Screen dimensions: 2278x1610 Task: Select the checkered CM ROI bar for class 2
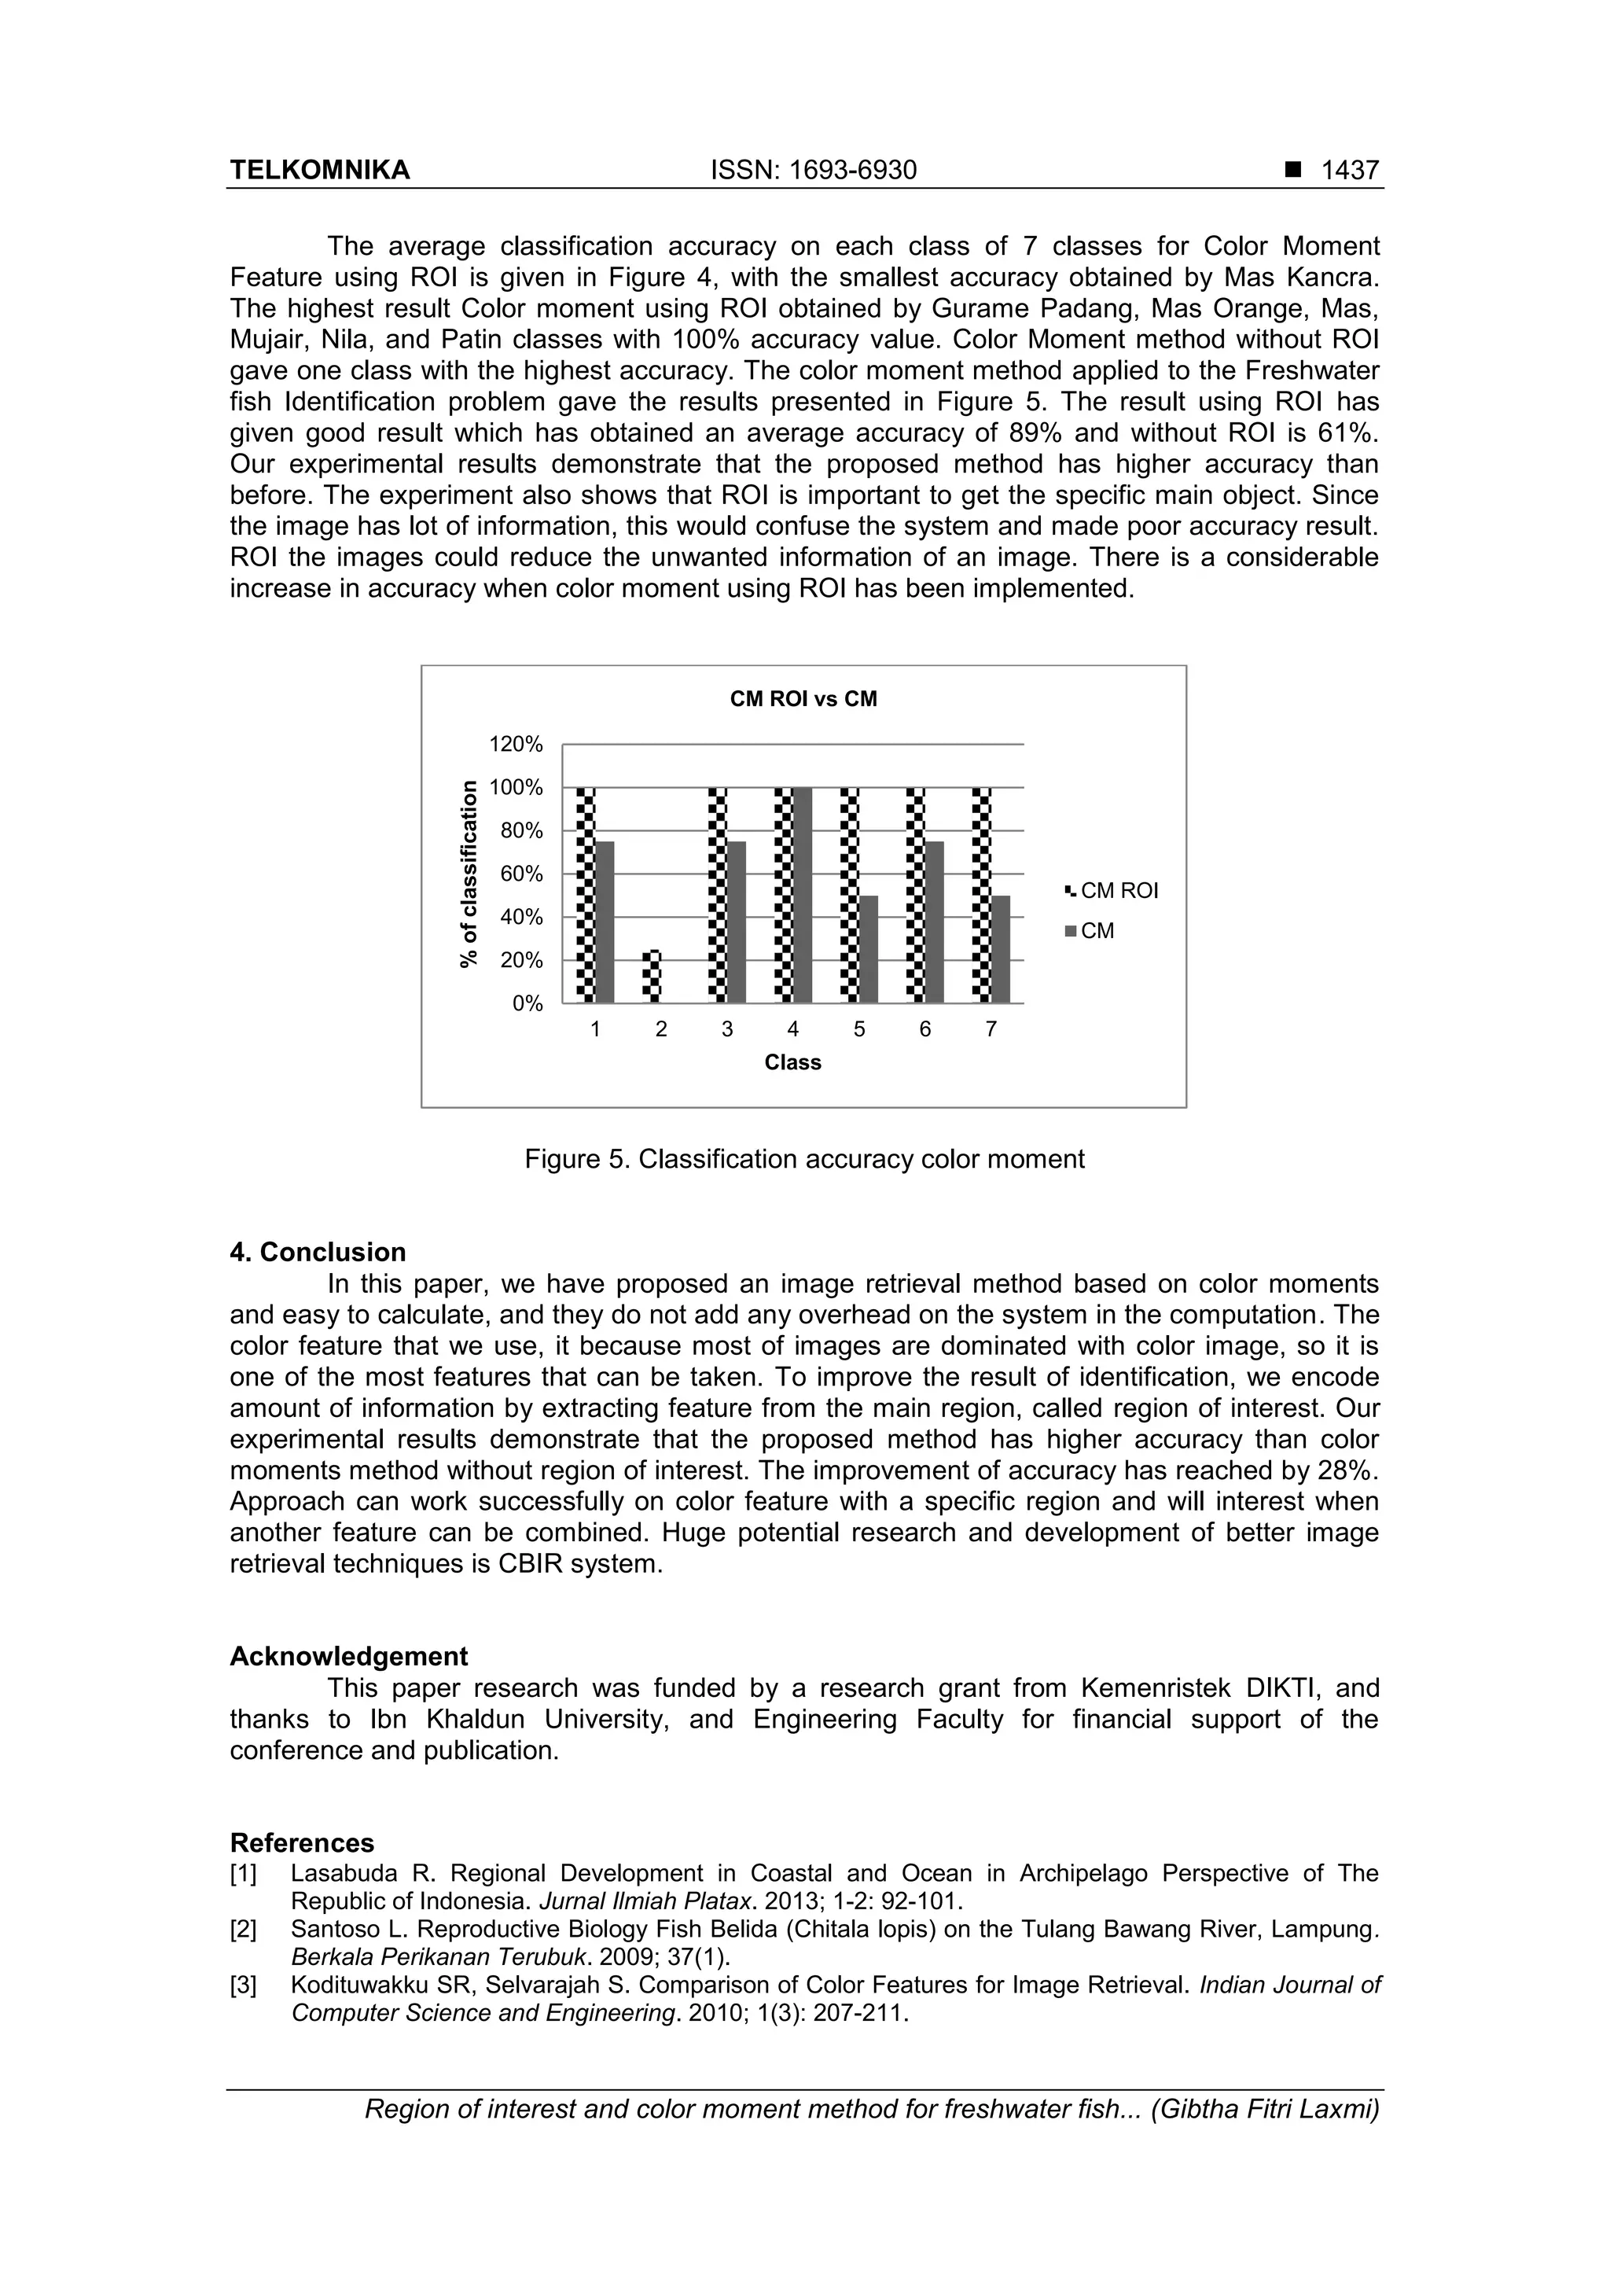[x=652, y=977]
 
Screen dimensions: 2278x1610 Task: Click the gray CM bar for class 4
[x=803, y=895]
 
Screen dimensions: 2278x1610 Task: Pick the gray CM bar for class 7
[x=1000, y=950]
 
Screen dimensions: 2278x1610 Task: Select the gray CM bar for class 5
[x=868, y=950]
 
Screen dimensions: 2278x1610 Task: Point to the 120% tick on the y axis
[x=515, y=744]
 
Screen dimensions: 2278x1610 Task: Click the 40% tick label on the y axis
[x=520, y=917]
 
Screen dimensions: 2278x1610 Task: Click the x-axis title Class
[x=792, y=1062]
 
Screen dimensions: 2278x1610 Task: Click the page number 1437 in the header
[x=1349, y=171]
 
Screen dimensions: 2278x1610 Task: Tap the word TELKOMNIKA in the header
[x=319, y=171]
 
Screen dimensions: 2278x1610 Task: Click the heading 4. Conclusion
[x=318, y=1252]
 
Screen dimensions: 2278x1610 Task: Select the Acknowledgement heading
[x=348, y=1657]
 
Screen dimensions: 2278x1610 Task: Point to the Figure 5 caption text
[x=803, y=1159]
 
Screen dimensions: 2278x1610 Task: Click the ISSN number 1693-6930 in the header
[x=852, y=171]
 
